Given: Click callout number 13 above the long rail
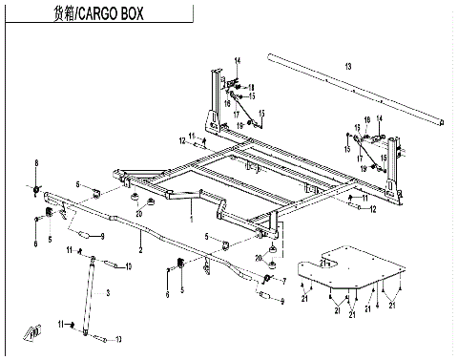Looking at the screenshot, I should click(348, 65).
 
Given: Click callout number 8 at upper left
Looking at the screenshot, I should click(37, 162).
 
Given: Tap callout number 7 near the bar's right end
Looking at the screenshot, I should click(283, 280).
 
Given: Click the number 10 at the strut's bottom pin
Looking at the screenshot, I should click(118, 338).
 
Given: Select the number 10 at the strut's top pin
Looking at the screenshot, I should click(118, 265).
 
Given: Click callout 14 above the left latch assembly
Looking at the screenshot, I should click(239, 62).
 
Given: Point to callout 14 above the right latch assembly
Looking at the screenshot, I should click(379, 117).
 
